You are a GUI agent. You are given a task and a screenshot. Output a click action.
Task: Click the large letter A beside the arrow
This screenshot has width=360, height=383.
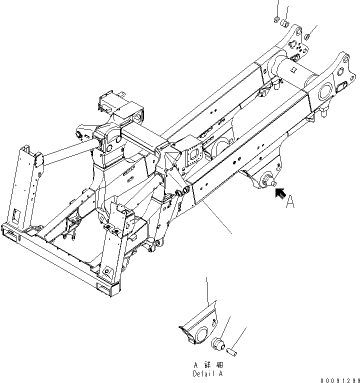pos(290,201)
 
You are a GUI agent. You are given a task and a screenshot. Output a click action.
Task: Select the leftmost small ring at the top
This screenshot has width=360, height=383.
pos(276,20)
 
